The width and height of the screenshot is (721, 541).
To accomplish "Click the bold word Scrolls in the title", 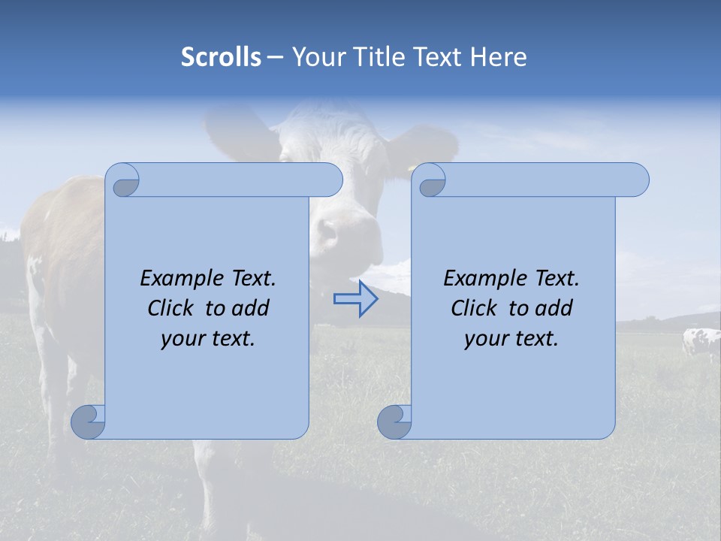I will [x=221, y=57].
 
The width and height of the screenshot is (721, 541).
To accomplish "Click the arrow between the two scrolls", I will [x=355, y=299].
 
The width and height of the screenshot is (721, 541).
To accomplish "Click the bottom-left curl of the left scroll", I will [x=89, y=421].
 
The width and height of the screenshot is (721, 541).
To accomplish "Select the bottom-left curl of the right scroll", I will [x=394, y=421].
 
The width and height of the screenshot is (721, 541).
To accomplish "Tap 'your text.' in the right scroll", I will [x=511, y=339].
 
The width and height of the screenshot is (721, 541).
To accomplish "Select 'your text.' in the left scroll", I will [x=207, y=339].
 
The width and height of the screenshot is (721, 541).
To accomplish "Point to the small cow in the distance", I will [x=700, y=343].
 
